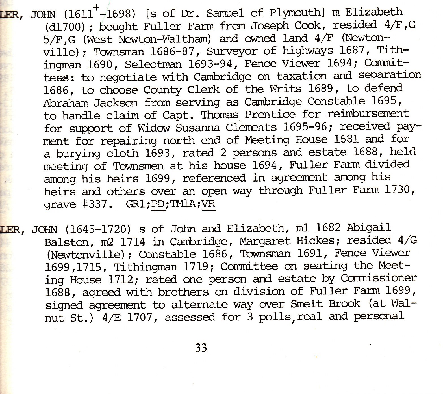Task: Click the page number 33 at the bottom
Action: coord(201,347)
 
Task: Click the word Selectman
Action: coord(153,64)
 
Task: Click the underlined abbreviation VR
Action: coord(209,204)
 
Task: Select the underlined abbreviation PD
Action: coord(158,204)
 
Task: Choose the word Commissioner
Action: coord(379,278)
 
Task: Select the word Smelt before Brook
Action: coord(307,304)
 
